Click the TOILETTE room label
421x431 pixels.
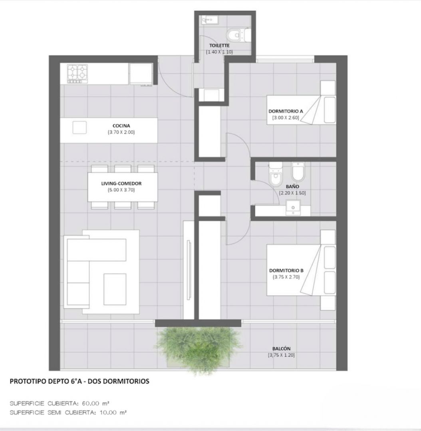point(219,45)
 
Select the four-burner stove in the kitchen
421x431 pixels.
point(77,74)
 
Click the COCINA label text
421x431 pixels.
point(121,126)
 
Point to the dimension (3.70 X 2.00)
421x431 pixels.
point(121,132)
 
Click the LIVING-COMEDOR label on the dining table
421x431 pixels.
point(121,183)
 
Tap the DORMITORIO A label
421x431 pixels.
point(286,111)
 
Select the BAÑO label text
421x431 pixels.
point(292,186)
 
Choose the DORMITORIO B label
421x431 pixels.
point(286,271)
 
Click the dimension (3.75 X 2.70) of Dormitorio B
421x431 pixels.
point(286,277)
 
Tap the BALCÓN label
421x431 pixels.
point(281,348)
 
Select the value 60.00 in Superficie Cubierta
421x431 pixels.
point(91,403)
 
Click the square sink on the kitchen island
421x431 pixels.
point(79,128)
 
